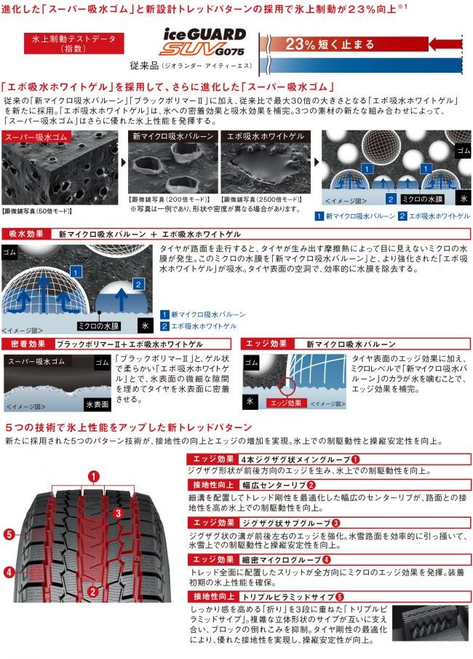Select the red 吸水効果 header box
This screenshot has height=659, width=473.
(26, 234)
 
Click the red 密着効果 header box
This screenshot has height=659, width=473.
(26, 343)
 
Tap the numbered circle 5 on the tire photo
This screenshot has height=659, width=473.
(9, 534)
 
